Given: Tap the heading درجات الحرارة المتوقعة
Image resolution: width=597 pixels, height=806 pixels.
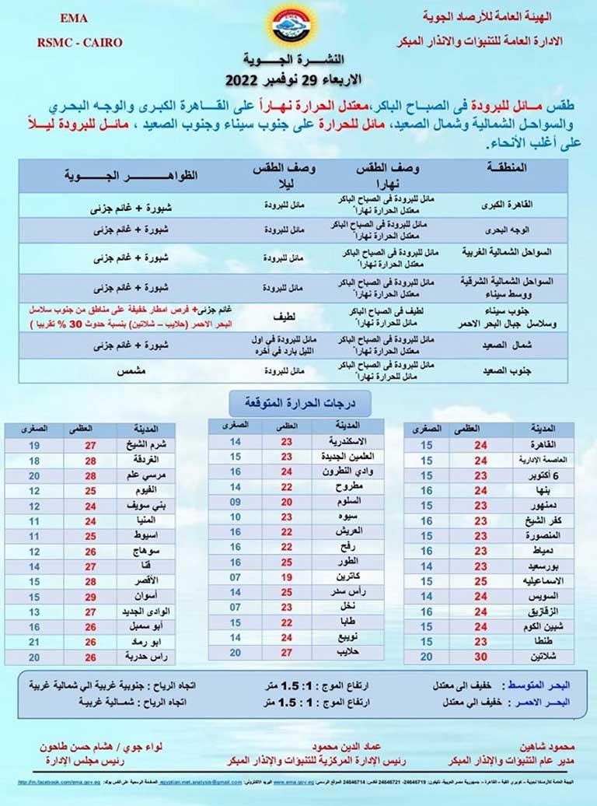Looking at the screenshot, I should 298,403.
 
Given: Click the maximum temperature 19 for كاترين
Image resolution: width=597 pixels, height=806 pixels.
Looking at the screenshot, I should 286,577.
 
